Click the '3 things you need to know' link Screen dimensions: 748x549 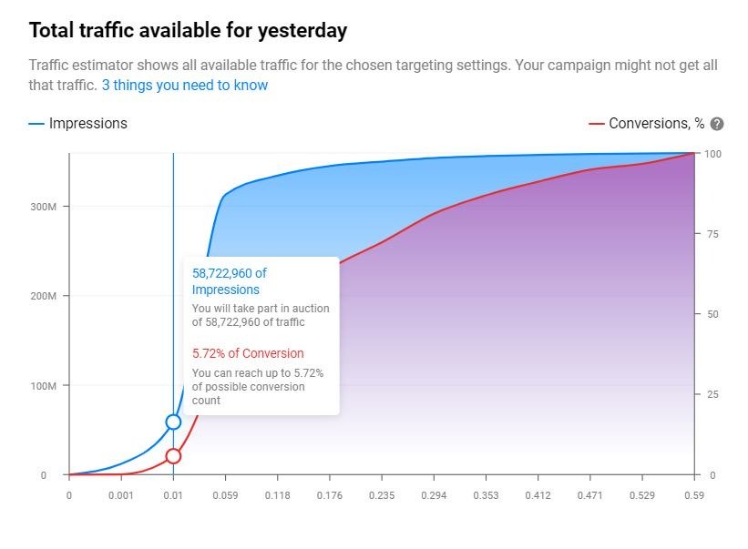click(185, 86)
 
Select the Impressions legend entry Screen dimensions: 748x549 click(78, 124)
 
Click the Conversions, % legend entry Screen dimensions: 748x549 click(647, 124)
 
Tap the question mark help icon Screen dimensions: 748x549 click(716, 124)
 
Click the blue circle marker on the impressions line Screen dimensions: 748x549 click(173, 422)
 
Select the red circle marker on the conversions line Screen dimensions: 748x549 click(173, 456)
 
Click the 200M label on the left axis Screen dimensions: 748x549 click(44, 296)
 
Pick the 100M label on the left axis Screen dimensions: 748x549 click(44, 385)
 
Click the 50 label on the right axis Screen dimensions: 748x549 click(712, 314)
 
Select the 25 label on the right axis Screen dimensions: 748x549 click(712, 394)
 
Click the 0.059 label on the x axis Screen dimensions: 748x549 click(225, 495)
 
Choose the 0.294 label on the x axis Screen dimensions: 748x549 click(434, 495)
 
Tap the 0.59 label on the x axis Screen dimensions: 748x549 click(694, 495)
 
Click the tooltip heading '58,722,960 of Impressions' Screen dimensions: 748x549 click(229, 281)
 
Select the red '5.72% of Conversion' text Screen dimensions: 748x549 click(248, 353)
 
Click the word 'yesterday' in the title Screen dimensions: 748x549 click(302, 32)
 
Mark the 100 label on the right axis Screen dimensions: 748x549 click(712, 154)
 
